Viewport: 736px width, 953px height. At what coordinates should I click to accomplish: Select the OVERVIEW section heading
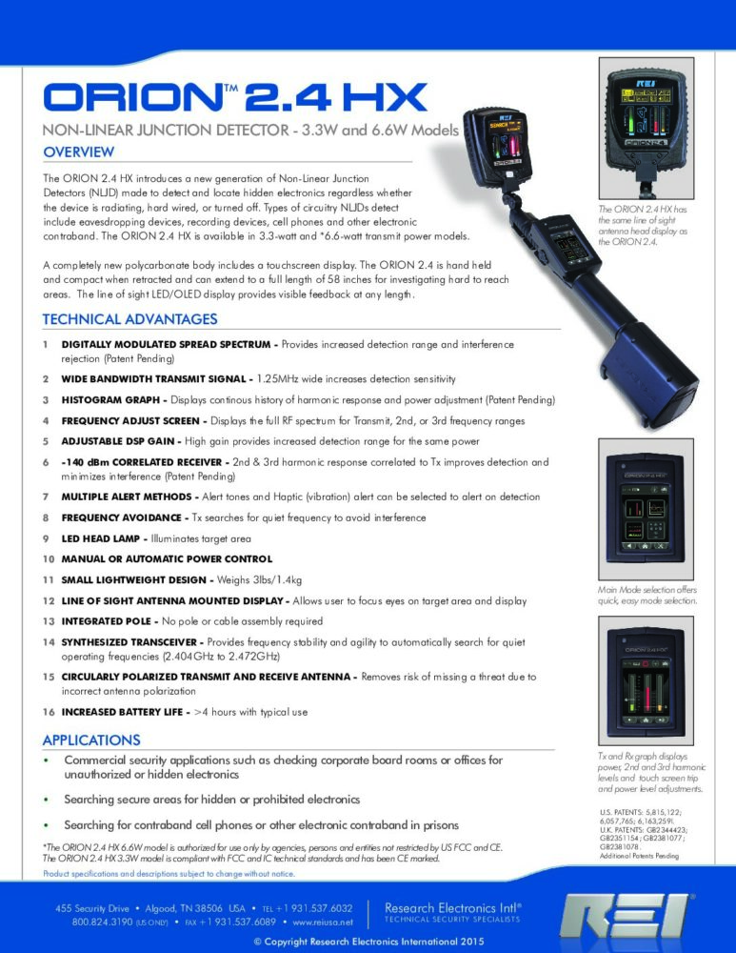[x=79, y=152]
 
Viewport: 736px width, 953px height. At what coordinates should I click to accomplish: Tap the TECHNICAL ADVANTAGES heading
[x=129, y=319]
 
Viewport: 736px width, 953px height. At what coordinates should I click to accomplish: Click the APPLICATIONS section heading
[x=91, y=740]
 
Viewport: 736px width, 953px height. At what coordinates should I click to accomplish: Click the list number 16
[x=48, y=712]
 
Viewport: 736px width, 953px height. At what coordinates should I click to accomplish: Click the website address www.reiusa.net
[x=325, y=923]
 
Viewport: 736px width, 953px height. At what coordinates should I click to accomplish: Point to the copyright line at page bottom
[x=368, y=943]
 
